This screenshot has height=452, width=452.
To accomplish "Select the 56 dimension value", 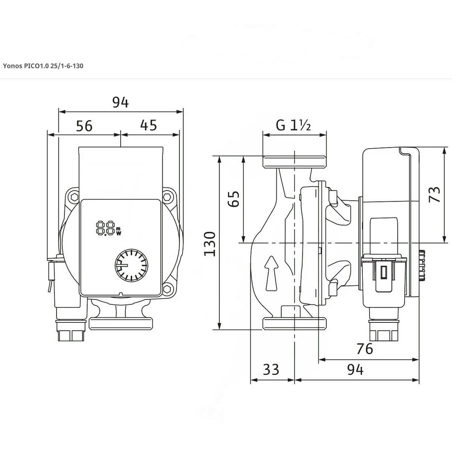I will tap(84, 126).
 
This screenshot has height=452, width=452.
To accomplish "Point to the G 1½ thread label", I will tap(293, 125).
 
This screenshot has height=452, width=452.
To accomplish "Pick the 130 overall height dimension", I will tap(210, 244).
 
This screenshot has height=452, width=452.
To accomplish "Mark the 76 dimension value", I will tap(364, 349).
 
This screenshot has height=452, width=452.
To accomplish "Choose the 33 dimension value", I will tap(271, 370).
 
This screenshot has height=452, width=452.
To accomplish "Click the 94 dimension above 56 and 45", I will tap(121, 102).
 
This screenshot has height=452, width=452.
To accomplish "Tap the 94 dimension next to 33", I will tap(355, 370).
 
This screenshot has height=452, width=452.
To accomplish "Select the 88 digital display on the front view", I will tap(105, 228).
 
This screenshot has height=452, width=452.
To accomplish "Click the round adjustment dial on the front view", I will tap(131, 266).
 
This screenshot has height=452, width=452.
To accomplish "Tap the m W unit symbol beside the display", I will tap(118, 231).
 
